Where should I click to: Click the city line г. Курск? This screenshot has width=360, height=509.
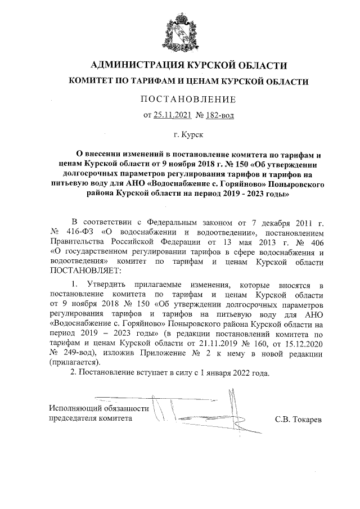coord(189,135)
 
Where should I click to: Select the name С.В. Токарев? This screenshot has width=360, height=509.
coord(298,419)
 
